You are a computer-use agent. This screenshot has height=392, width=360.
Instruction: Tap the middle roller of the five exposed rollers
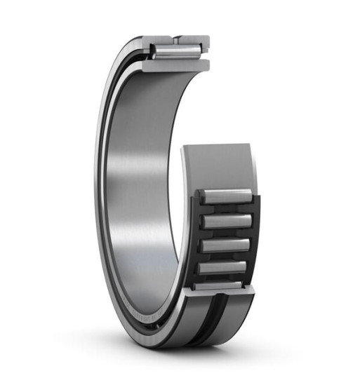coord(225,245)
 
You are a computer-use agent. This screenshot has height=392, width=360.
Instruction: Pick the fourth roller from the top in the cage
coord(224,267)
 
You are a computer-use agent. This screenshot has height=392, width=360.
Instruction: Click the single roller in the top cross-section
coord(175,51)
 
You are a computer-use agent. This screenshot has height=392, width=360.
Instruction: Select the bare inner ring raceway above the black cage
coord(218,165)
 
